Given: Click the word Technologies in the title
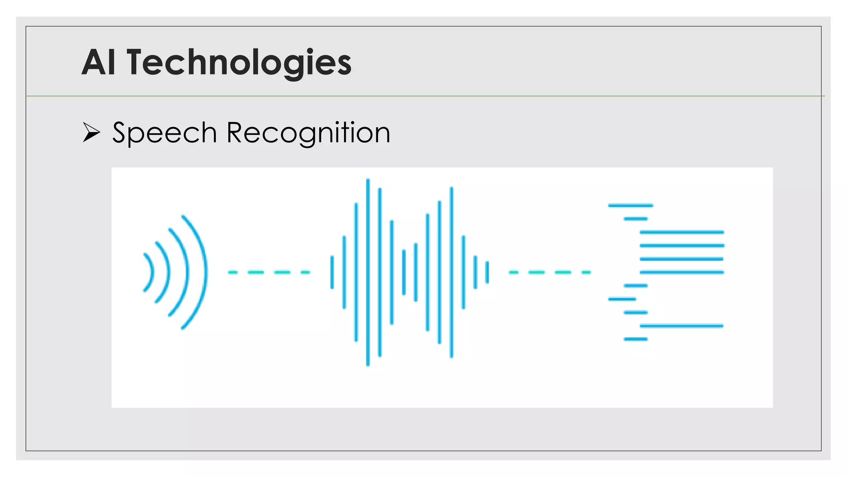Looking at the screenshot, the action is pyautogui.click(x=239, y=63).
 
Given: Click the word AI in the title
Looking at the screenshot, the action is pyautogui.click(x=98, y=63).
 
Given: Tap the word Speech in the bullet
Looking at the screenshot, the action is pyautogui.click(x=165, y=133).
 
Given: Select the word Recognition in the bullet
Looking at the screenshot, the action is pyautogui.click(x=308, y=133).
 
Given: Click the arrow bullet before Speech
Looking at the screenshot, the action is pyautogui.click(x=91, y=132).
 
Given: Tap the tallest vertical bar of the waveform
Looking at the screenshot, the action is pyautogui.click(x=368, y=272).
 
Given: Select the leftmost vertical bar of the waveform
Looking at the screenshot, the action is pyautogui.click(x=332, y=272).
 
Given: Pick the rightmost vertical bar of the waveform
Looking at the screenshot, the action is pyautogui.click(x=487, y=272).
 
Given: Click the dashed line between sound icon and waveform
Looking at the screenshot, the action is pyautogui.click(x=269, y=272).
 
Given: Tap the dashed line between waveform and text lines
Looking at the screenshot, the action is pyautogui.click(x=550, y=272).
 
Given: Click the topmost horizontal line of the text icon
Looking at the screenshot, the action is pyautogui.click(x=630, y=205).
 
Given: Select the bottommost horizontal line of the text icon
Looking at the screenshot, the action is pyautogui.click(x=636, y=339).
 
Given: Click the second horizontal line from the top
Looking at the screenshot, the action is pyautogui.click(x=636, y=219).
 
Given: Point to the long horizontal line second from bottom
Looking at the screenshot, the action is pyautogui.click(x=682, y=326).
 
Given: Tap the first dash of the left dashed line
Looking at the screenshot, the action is pyautogui.click(x=233, y=272).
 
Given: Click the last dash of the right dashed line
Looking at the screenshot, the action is pyautogui.click(x=586, y=272).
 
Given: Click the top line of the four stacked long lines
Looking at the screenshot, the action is pyautogui.click(x=682, y=232).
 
